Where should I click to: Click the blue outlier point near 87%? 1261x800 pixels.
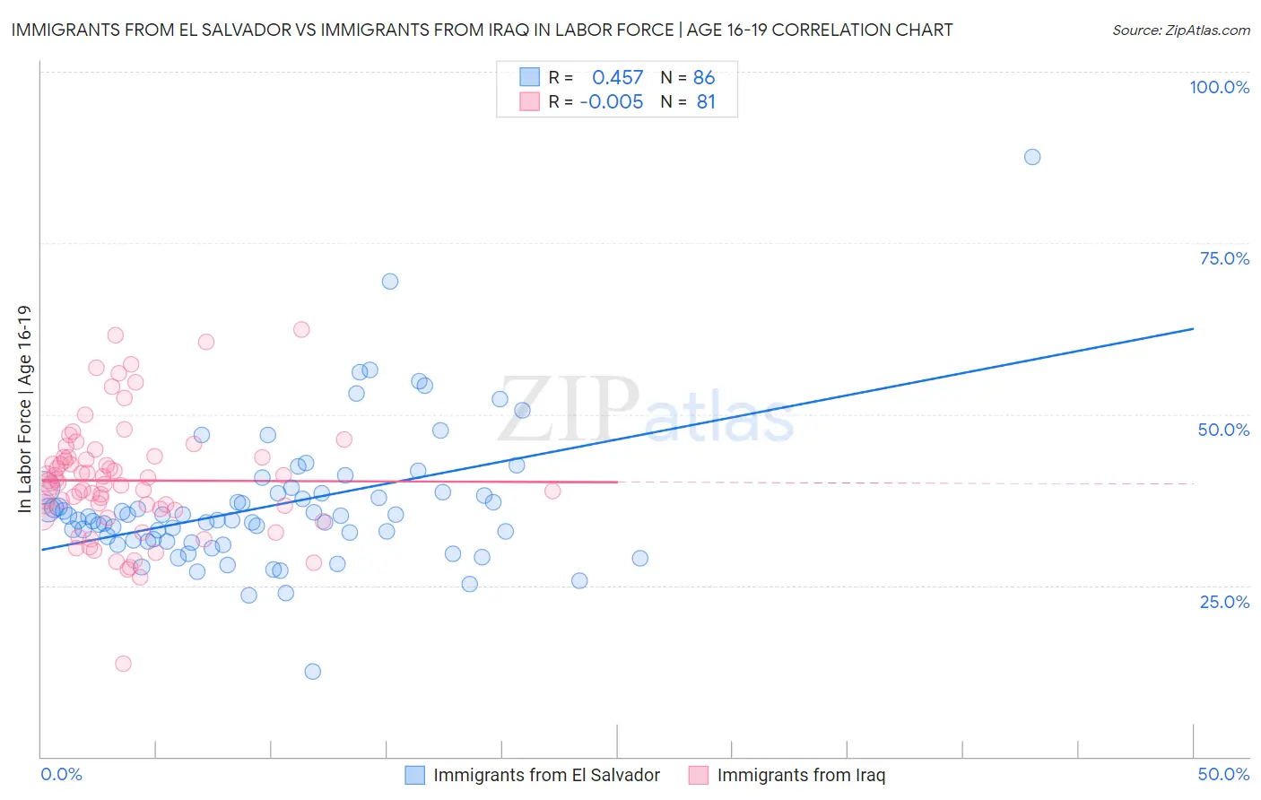tap(1032, 157)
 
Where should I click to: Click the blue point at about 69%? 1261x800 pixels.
tap(389, 282)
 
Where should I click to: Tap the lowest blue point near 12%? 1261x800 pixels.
tap(312, 672)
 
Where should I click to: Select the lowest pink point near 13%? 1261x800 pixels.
tap(123, 664)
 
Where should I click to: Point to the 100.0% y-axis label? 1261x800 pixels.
tap(1219, 87)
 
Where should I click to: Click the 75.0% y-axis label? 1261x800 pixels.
tap(1224, 258)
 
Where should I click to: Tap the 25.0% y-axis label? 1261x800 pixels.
tap(1224, 602)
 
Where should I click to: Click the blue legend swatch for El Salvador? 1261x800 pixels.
tap(414, 775)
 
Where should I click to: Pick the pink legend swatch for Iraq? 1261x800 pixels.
tap(699, 775)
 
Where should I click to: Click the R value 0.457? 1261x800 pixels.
tap(617, 77)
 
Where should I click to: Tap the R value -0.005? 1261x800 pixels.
tap(612, 101)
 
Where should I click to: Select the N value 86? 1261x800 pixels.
tap(704, 77)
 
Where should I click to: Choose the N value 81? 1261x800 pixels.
tap(706, 101)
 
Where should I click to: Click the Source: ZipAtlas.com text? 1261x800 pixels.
tap(1180, 30)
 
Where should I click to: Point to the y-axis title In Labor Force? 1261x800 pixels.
tap(24, 409)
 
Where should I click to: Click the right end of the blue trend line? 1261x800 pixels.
tap(1193, 329)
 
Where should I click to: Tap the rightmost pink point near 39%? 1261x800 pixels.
tap(552, 491)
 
